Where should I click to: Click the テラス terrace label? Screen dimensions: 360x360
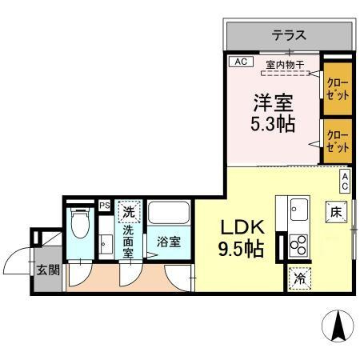click(289, 35)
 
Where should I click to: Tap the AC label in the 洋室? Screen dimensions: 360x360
click(239, 62)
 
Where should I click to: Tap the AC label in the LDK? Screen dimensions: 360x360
click(346, 180)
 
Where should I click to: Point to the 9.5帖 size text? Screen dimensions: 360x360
click(239, 250)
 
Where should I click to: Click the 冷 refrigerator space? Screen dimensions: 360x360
click(299, 278)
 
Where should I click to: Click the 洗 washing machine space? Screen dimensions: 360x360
click(130, 213)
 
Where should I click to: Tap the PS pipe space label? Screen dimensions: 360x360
click(104, 205)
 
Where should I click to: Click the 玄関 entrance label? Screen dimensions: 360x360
click(47, 270)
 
